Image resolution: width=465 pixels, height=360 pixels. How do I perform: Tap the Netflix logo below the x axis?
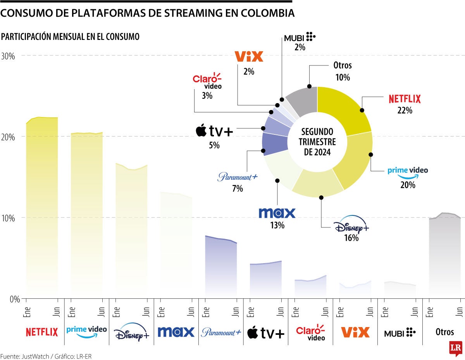(x=42, y=332)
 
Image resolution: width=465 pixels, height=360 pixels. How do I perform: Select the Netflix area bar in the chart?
(x=42, y=205)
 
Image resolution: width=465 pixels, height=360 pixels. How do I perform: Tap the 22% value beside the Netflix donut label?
(x=405, y=110)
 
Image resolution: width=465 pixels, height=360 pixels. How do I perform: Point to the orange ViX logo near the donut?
(x=249, y=57)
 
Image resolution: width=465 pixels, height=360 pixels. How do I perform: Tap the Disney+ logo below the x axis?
(x=131, y=332)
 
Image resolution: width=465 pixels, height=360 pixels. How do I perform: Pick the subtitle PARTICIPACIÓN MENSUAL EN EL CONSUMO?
(x=71, y=37)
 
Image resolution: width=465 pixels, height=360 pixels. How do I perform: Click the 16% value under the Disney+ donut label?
(x=351, y=238)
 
